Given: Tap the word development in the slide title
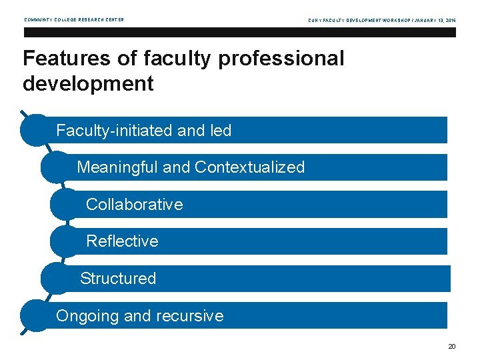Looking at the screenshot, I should coord(88,84).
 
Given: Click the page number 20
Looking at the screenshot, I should coord(452,346).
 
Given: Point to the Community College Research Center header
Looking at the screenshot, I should coord(74,20).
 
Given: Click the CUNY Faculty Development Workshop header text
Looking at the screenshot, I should coord(382,20).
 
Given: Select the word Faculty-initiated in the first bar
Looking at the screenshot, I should coord(115,131).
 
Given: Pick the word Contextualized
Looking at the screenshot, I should coord(249,167).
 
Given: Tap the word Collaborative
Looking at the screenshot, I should coord(134,205).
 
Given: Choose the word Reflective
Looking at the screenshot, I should coord(123,241).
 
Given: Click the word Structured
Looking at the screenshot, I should coord(118,279).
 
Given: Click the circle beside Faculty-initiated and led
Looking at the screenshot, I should coord(37,129).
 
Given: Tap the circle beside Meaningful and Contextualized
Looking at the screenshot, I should coord(56,167).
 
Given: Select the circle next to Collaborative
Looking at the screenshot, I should coord(65,204).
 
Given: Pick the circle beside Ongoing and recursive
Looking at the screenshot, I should coord(37,315).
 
